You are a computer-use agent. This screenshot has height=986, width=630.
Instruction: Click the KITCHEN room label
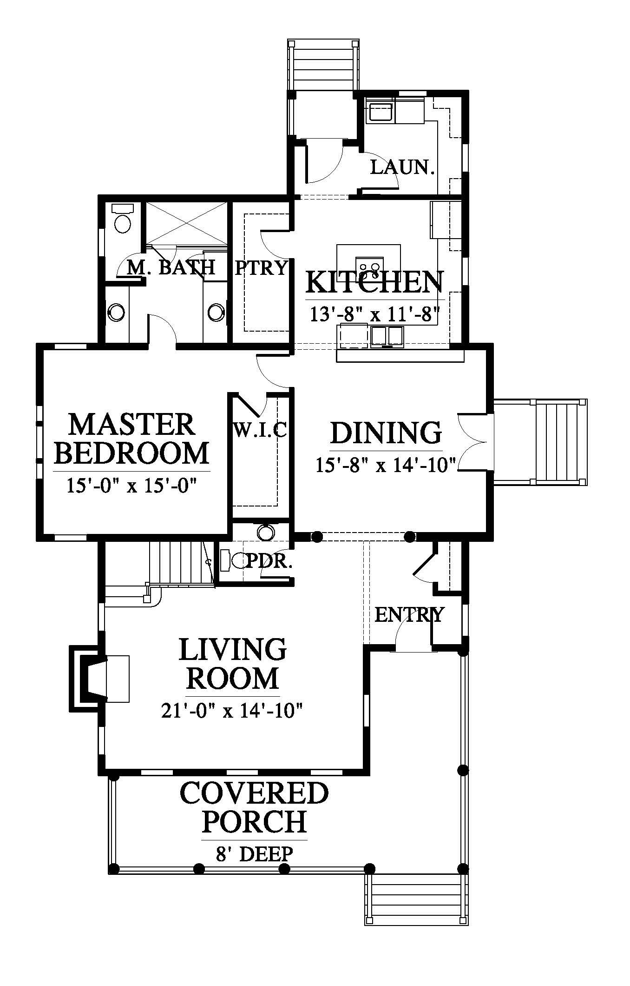click(x=374, y=283)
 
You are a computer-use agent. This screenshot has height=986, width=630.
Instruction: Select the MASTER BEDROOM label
click(x=132, y=439)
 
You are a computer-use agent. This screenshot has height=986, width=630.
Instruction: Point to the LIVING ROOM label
click(x=233, y=664)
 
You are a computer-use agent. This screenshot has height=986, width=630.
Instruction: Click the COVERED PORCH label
click(x=254, y=807)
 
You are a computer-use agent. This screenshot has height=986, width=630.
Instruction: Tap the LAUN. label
click(x=402, y=167)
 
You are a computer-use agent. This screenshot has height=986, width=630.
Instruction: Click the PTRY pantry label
click(x=261, y=268)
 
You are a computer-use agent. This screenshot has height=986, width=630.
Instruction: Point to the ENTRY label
click(x=409, y=615)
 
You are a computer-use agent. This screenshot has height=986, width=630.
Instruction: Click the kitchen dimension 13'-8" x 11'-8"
click(x=374, y=314)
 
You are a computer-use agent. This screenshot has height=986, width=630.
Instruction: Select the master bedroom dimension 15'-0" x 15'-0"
click(x=132, y=486)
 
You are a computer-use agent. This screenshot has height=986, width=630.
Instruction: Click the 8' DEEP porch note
click(x=254, y=853)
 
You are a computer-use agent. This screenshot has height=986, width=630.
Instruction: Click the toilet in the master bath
click(x=123, y=219)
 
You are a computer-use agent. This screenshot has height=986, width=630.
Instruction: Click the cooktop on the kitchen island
click(x=369, y=266)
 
